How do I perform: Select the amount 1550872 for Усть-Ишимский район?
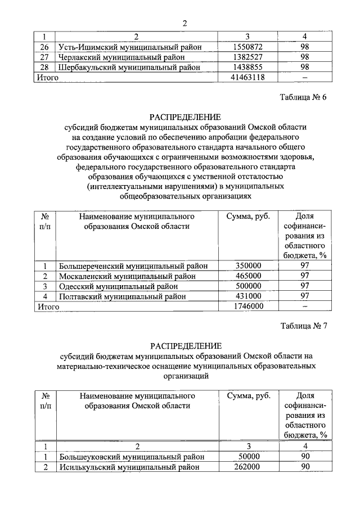click(247, 47)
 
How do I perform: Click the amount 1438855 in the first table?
click(247, 67)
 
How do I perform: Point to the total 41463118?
click(247, 77)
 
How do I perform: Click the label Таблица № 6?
click(303, 97)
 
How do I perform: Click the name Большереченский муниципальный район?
click(134, 265)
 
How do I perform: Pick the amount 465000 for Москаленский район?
click(247, 276)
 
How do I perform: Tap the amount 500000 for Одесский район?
click(247, 286)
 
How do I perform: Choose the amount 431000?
click(247, 296)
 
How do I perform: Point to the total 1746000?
click(247, 306)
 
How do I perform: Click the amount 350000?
click(247, 265)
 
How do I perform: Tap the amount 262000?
click(247, 467)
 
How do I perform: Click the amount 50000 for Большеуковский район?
click(247, 457)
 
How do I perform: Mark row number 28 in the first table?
click(45, 67)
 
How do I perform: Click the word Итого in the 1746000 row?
click(48, 307)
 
